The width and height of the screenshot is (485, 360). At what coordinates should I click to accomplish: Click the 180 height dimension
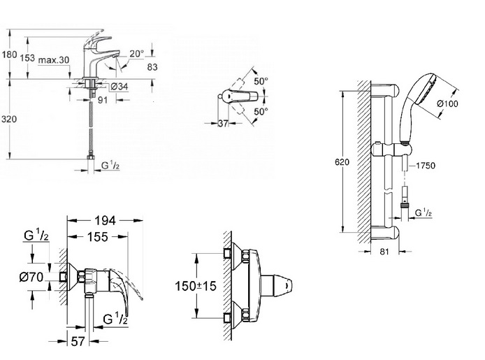click(x=9, y=55)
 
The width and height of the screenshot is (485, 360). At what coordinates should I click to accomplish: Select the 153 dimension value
click(x=27, y=57)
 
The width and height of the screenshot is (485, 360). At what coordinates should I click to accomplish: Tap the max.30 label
click(x=54, y=60)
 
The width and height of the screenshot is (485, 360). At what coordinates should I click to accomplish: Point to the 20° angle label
click(x=137, y=54)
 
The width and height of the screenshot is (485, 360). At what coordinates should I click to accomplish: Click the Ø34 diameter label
click(x=120, y=87)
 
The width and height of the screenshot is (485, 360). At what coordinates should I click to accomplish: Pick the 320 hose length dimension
click(x=9, y=119)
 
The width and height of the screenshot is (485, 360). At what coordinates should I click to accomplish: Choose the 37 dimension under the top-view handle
click(x=223, y=124)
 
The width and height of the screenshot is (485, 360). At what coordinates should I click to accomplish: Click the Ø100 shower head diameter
click(x=447, y=103)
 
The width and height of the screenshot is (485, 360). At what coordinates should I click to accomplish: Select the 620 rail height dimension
click(x=342, y=161)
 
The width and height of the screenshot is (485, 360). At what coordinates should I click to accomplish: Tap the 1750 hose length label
click(x=426, y=166)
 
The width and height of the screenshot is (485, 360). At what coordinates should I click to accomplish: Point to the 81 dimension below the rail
click(x=384, y=252)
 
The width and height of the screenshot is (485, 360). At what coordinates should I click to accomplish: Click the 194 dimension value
click(x=105, y=220)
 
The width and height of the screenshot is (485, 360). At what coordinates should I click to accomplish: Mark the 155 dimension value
click(x=98, y=237)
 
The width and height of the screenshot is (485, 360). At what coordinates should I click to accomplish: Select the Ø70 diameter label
click(x=31, y=277)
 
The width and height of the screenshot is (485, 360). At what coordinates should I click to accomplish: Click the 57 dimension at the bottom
click(x=78, y=341)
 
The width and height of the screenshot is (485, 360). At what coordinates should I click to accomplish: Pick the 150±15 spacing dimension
click(x=196, y=286)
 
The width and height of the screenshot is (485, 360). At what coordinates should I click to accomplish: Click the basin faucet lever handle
click(x=100, y=42)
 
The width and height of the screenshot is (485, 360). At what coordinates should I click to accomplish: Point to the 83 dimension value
click(x=152, y=67)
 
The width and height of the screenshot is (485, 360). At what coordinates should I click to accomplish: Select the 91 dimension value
click(x=103, y=100)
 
